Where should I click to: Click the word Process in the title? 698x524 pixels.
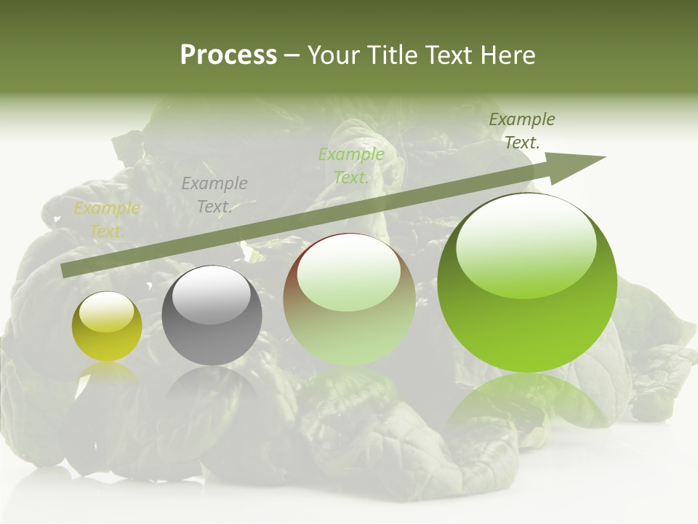tap(228, 55)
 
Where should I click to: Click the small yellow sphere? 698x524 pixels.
tap(107, 327)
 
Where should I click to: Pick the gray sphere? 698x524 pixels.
tap(212, 317)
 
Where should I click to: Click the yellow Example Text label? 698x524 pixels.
tap(107, 220)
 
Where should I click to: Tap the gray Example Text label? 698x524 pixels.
tap(214, 194)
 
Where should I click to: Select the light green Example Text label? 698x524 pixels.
tap(351, 165)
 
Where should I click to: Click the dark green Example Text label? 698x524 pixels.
tap(522, 130)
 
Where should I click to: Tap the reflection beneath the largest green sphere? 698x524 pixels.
tap(527, 400)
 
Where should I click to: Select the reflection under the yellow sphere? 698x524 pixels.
tap(108, 373)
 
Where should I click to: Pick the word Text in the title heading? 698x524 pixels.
tap(448, 55)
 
